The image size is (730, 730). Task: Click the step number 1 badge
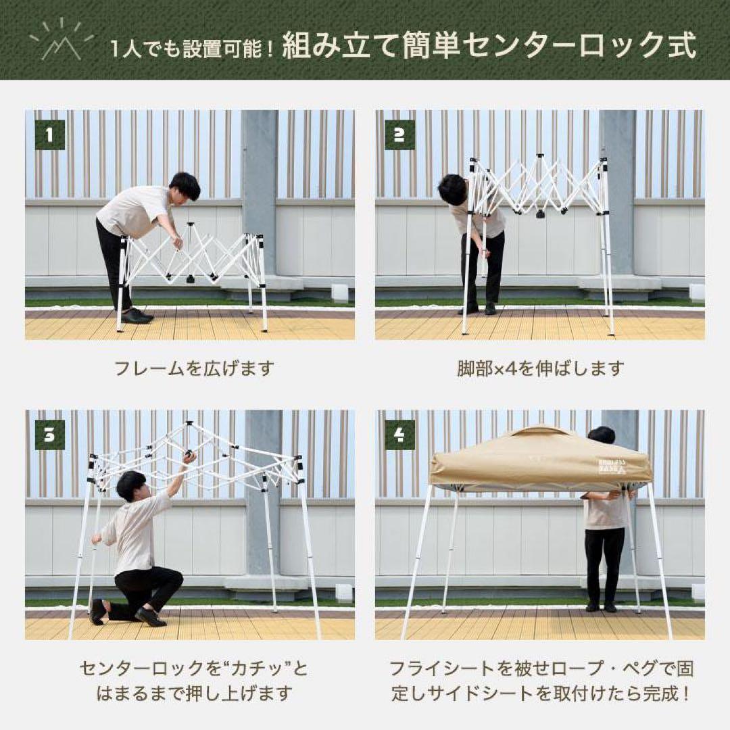(49, 135)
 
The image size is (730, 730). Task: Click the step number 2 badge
(399, 135)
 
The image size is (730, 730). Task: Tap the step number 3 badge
(49, 435)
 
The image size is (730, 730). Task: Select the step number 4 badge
(399, 435)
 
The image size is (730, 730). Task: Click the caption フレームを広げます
(194, 368)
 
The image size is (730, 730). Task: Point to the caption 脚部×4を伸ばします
(539, 368)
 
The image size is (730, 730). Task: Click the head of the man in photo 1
(185, 185)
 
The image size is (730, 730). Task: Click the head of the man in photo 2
(452, 189)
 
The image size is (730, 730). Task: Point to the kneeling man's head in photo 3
(131, 485)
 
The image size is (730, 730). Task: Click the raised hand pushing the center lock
(189, 457)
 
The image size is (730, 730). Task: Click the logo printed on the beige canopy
(613, 466)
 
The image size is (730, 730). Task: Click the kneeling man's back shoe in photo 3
(98, 612)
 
